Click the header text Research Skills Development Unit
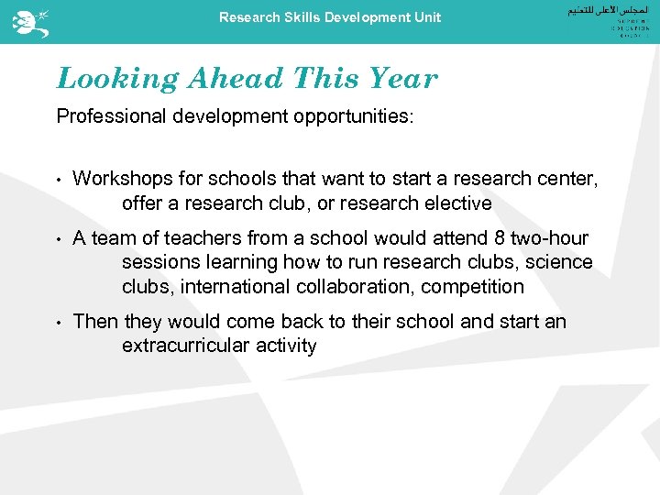tap(330, 17)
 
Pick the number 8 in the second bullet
tap(499, 238)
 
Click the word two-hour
tap(550, 238)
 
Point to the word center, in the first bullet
tap(567, 179)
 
